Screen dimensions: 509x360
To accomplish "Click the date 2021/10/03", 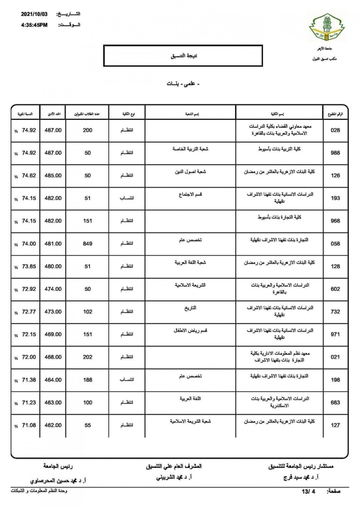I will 34,14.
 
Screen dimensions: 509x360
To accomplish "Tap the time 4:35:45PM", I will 34,25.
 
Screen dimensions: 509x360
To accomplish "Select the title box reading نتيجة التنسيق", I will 183,56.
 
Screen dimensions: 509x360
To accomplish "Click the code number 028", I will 335,130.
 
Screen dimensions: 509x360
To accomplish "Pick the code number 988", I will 335,153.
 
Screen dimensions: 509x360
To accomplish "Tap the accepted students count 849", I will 88,244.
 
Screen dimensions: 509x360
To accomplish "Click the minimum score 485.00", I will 53,175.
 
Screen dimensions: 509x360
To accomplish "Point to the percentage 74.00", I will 29,244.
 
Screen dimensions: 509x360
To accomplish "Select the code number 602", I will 335,289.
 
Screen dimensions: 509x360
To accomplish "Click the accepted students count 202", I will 88,357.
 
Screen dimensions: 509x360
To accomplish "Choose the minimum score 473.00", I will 53,312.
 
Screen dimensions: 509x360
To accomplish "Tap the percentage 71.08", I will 29,425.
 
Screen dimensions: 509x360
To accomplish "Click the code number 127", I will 335,425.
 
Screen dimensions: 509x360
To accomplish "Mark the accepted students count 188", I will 88,380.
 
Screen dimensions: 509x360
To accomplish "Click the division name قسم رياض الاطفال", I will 190,331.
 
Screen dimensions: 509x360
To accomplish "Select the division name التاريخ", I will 190,308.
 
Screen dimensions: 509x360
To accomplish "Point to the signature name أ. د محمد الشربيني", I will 174,477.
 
